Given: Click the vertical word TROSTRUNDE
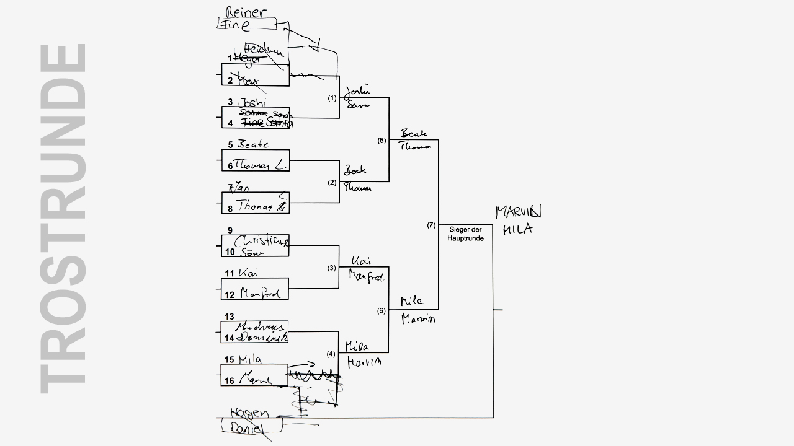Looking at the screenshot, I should (64, 218).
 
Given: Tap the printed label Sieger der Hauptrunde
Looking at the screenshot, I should (465, 234).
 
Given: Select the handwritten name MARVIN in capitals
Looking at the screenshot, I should (518, 212).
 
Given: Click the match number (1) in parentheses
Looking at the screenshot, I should (332, 98).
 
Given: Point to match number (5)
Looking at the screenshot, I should (381, 141).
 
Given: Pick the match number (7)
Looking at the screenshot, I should (431, 225).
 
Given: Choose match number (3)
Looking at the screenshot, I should (332, 268).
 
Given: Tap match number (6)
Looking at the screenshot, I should (381, 310).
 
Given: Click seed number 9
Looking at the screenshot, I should (230, 230).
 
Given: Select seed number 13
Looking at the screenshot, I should (230, 317).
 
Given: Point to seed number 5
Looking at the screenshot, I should (230, 145).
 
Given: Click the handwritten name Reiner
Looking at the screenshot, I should (246, 12).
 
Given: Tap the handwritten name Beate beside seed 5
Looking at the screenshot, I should (253, 144).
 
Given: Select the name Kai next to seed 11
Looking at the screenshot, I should (248, 273).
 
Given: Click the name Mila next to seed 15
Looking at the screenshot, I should (249, 359).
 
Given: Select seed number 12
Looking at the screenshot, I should (230, 294).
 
